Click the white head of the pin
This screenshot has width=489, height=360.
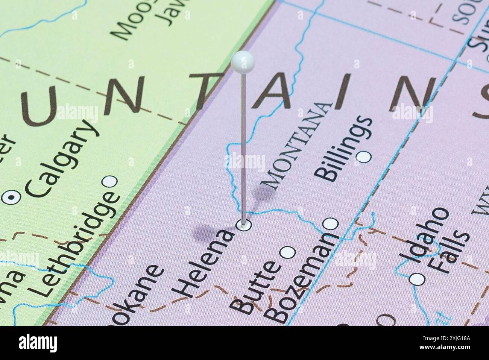click(243, 60)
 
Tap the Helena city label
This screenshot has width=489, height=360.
click(205, 263)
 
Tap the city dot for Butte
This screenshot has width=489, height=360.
click(288, 252)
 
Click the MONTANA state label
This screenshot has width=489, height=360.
click(297, 145)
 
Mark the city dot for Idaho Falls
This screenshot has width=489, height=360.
click(417, 279)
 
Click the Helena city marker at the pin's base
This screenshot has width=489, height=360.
click(244, 225)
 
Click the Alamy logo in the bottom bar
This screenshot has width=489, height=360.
click(37, 343)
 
